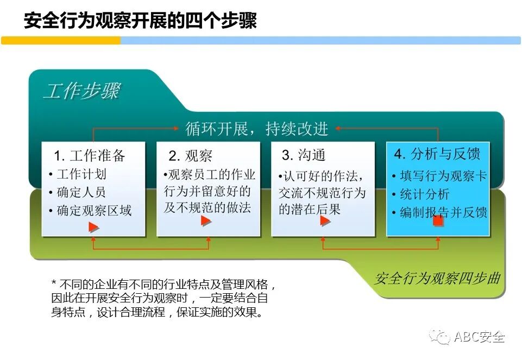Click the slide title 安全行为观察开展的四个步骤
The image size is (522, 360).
(x=140, y=21)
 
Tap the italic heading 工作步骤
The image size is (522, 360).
(x=81, y=91)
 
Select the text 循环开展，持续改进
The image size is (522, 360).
(x=257, y=129)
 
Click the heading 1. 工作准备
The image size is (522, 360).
(x=90, y=156)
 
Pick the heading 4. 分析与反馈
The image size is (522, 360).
(x=437, y=154)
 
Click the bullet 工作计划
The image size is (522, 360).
(x=81, y=174)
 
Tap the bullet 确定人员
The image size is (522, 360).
(x=81, y=192)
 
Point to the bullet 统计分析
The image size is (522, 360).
(x=424, y=194)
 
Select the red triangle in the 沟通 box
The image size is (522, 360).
(x=325, y=220)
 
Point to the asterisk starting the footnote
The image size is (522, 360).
(x=54, y=284)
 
